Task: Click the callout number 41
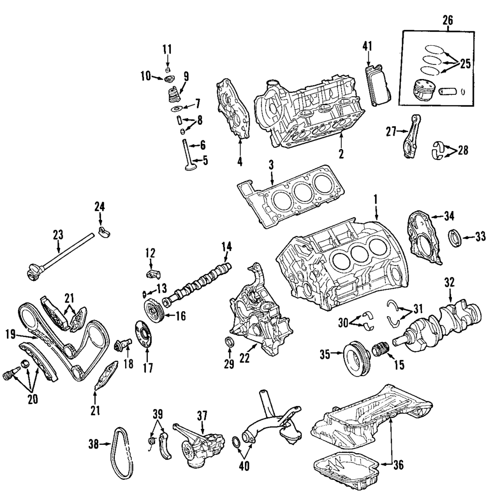point(368,47)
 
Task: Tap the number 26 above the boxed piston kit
point(447,21)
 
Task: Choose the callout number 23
point(58,235)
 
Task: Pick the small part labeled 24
point(103,231)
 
